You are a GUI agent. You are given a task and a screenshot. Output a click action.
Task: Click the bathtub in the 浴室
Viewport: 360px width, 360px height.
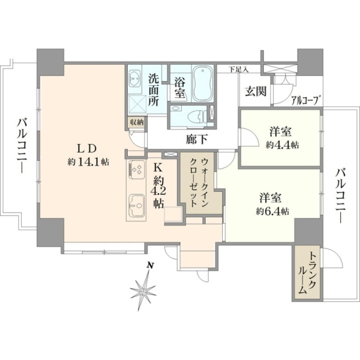click(202, 83)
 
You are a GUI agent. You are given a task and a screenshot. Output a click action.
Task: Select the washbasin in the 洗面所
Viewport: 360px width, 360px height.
click(134, 78)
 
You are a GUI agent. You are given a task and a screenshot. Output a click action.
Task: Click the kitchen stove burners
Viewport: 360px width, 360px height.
click(137, 170)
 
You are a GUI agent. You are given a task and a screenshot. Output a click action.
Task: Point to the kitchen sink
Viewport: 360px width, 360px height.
click(137, 206)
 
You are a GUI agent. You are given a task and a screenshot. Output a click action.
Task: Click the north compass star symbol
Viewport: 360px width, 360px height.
click(143, 291)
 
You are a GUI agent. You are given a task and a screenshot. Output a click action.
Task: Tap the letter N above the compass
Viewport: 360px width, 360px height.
click(150, 266)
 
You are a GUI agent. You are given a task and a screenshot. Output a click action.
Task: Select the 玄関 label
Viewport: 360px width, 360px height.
click(256, 91)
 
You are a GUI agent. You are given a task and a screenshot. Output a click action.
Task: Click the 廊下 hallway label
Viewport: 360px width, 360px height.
click(197, 139)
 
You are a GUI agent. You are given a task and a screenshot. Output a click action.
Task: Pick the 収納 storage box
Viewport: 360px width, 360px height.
click(137, 122)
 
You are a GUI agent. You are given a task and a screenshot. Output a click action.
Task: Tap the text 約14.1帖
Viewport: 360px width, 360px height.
click(88, 163)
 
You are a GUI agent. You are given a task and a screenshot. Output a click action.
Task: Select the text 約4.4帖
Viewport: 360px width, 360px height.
click(282, 145)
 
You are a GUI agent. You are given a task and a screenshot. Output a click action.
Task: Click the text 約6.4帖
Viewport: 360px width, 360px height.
click(272, 211)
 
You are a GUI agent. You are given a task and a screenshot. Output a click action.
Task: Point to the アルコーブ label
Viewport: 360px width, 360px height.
click(306, 100)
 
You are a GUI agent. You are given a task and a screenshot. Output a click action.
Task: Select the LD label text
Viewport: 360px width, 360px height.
click(86, 149)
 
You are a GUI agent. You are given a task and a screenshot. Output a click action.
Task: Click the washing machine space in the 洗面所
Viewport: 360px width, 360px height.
click(137, 104)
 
